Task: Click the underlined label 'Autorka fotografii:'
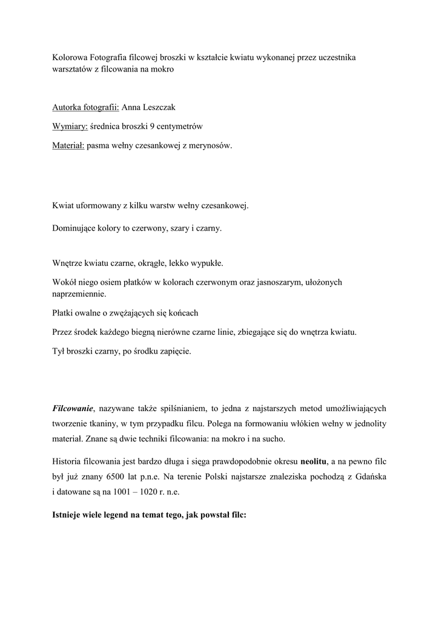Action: (x=85, y=107)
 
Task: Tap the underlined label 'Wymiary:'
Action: (x=70, y=127)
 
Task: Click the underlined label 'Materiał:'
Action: (x=68, y=146)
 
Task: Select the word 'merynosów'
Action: (x=211, y=146)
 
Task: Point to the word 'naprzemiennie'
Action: (x=79, y=294)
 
